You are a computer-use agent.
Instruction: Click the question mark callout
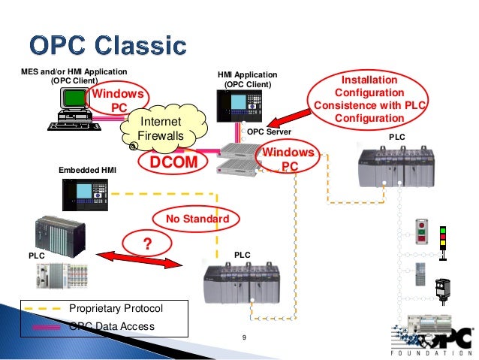pyautogui.click(x=147, y=244)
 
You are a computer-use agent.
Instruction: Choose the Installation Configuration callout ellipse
pyautogui.click(x=369, y=99)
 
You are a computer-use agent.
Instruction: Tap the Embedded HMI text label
pyautogui.click(x=83, y=171)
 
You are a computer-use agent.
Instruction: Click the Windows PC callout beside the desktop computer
pyautogui.click(x=116, y=101)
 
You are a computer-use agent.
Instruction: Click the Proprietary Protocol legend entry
pyautogui.click(x=115, y=309)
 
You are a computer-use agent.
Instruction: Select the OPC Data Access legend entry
pyautogui.click(x=112, y=325)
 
